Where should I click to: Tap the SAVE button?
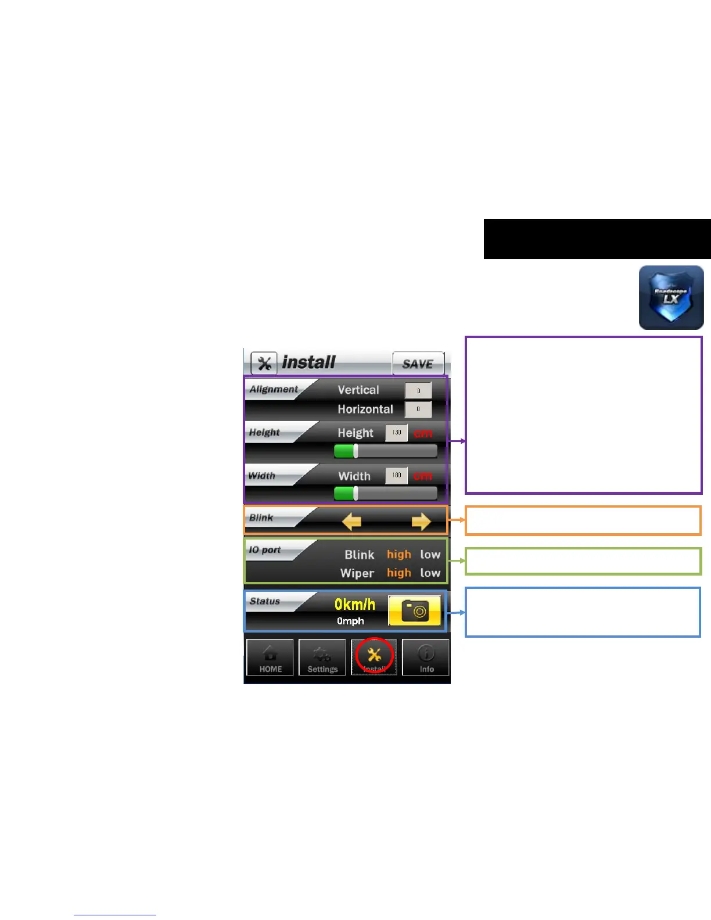(418, 364)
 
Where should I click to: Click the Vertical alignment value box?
(418, 390)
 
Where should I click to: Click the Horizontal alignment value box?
(418, 409)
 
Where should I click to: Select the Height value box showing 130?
(396, 433)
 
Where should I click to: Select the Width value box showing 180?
(396, 475)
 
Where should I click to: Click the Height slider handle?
(355, 451)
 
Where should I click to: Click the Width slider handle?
(355, 494)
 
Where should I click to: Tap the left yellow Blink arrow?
(351, 522)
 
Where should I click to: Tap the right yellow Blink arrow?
(421, 522)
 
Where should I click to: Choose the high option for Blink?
(399, 555)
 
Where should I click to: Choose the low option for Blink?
(430, 555)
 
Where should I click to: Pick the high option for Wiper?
(399, 573)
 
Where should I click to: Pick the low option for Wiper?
(430, 573)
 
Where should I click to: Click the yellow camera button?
(414, 610)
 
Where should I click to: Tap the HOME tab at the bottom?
(270, 657)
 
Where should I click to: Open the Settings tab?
(322, 657)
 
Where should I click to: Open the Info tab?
(426, 657)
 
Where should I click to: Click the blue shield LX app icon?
(671, 297)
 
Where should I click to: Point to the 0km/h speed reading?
(355, 605)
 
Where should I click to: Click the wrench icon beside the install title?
(264, 364)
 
